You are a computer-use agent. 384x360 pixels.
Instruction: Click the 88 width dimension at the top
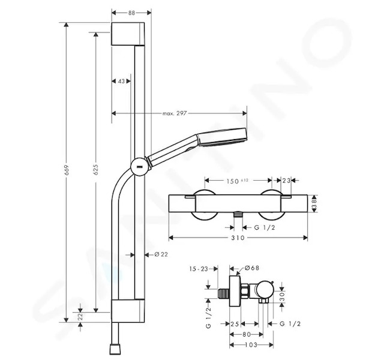[131, 13]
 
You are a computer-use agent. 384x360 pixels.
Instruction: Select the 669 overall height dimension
[67, 170]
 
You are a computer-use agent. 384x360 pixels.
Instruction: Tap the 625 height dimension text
[96, 169]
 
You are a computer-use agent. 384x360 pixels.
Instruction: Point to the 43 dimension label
[121, 81]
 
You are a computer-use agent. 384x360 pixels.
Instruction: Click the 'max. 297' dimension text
[175, 113]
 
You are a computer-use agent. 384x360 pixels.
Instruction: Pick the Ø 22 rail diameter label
[161, 254]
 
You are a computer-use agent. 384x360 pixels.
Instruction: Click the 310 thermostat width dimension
[238, 238]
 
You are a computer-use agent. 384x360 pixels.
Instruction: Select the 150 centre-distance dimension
[232, 181]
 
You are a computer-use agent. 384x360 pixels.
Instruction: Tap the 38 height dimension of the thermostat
[314, 203]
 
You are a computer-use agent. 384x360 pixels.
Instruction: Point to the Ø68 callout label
[252, 268]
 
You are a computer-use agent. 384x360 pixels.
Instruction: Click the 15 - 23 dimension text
[199, 269]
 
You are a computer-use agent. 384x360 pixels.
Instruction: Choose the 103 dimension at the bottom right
[251, 345]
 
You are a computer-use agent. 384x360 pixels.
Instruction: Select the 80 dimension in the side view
[247, 334]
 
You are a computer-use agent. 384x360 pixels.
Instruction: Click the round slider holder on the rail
[139, 167]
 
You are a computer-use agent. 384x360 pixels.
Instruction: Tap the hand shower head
[222, 137]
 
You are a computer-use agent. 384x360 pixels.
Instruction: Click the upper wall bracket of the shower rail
[128, 34]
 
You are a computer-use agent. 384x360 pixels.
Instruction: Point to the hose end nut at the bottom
[115, 349]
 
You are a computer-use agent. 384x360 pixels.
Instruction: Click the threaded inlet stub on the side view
[223, 293]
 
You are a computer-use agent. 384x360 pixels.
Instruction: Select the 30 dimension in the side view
[282, 297]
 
